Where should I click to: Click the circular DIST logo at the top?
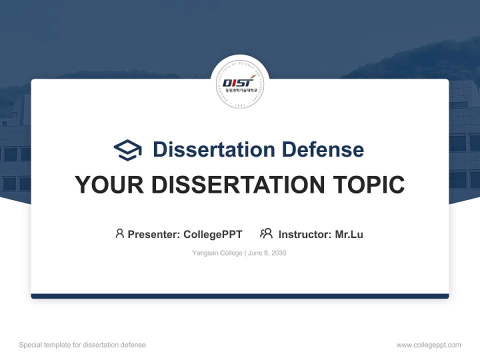click(x=240, y=84)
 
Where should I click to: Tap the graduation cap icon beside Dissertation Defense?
click(x=127, y=150)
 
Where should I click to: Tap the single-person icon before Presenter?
click(x=119, y=233)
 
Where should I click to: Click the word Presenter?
click(x=153, y=234)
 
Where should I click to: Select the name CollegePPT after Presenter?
click(x=213, y=234)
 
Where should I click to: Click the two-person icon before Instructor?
click(x=266, y=233)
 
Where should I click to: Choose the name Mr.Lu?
click(x=349, y=234)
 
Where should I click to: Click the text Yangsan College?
click(x=216, y=253)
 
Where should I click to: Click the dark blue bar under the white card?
click(x=240, y=296)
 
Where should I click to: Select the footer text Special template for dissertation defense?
click(x=82, y=345)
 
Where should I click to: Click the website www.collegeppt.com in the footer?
click(x=428, y=345)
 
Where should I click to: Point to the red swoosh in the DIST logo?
click(x=252, y=77)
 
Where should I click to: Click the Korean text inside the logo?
click(x=240, y=89)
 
